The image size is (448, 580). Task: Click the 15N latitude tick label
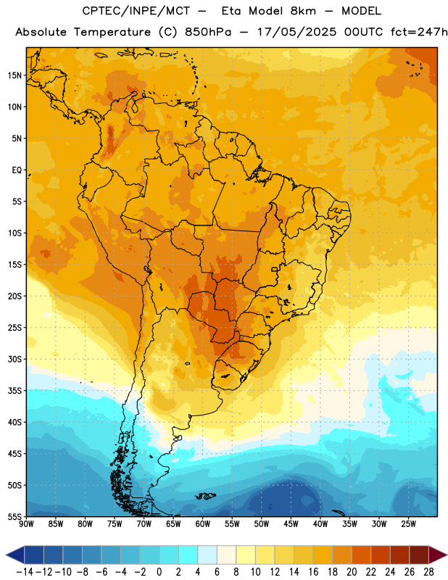tap(14, 75)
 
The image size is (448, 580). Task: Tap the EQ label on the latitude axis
tap(17, 170)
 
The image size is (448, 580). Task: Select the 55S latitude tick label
tap(14, 517)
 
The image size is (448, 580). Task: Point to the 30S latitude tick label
tap(14, 359)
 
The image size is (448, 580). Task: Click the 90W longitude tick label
tap(26, 524)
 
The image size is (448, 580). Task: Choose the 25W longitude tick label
tap(408, 524)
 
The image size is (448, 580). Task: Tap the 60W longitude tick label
tap(203, 524)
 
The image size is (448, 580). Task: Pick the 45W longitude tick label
tap(291, 524)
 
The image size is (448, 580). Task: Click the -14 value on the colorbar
tap(25, 572)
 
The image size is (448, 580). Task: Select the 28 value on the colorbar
tap(428, 572)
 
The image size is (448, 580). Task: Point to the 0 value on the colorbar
tap(159, 572)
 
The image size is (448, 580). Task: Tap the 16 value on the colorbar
tap(313, 572)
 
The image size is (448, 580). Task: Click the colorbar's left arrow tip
tap(6, 555)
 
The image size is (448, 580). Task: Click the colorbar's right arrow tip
tap(447, 555)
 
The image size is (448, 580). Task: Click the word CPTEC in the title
tap(99, 11)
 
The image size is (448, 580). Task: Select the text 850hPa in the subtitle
tap(208, 32)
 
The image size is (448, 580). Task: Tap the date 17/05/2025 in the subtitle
tap(296, 32)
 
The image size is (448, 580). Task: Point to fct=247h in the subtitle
tap(419, 32)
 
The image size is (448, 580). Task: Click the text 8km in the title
tap(303, 11)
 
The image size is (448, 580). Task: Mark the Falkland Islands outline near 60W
tap(206, 496)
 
